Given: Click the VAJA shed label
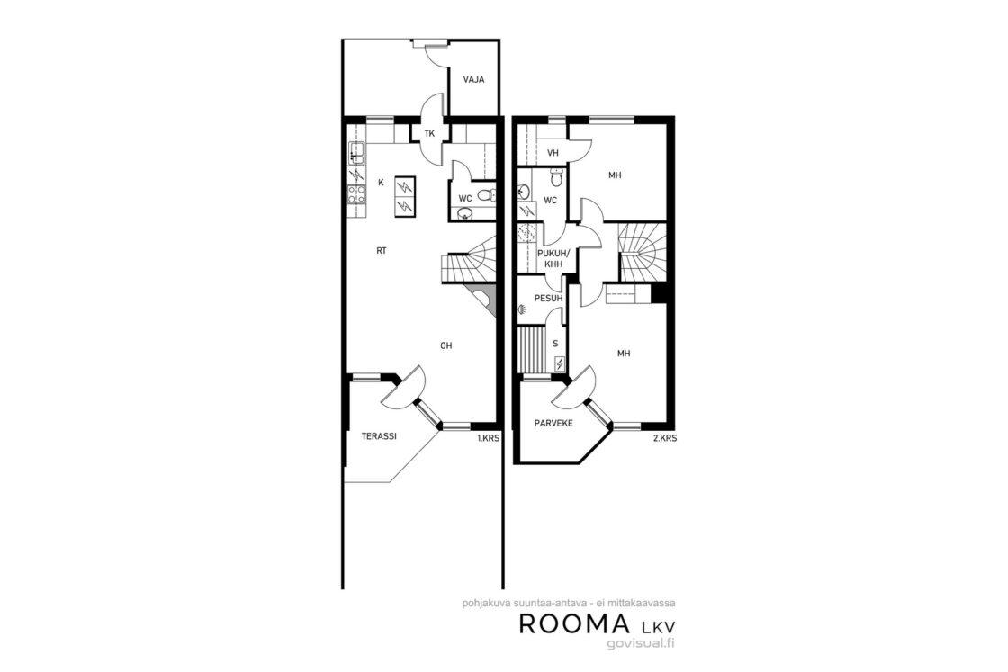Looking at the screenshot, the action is (x=473, y=80).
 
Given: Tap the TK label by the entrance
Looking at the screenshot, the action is (x=429, y=134).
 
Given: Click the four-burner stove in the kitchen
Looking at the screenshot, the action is (x=356, y=194).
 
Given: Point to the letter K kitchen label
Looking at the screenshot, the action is (x=381, y=183).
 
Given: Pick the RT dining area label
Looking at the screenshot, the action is (x=382, y=251).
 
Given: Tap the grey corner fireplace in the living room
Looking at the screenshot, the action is (x=483, y=300).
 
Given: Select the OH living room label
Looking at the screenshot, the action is (x=446, y=345).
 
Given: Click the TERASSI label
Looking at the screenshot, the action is (x=379, y=435).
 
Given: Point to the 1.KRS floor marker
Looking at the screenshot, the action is (x=488, y=438).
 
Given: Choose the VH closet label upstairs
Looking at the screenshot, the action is (x=553, y=153).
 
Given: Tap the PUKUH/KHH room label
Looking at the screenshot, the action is (x=553, y=258).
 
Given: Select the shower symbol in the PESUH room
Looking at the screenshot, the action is (x=523, y=309).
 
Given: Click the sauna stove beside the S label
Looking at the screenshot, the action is (x=560, y=364).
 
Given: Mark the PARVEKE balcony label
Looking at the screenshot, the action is (x=553, y=424).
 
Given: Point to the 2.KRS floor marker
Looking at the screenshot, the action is (x=665, y=438).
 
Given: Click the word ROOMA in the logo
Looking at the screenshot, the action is (x=574, y=623).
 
